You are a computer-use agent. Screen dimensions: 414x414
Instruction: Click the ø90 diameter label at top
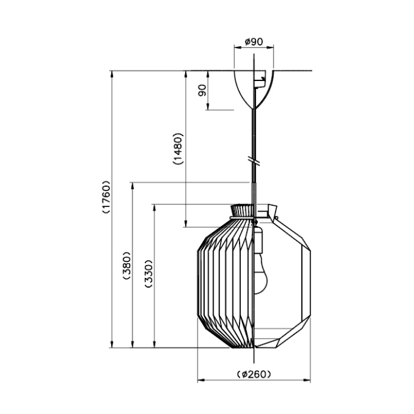(x=254, y=42)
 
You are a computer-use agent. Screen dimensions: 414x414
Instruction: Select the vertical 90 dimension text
(x=202, y=90)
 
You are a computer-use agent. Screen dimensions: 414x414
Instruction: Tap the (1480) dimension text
(x=178, y=148)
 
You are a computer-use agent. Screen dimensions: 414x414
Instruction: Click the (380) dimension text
(x=127, y=265)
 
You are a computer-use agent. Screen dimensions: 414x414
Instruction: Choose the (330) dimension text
(x=148, y=273)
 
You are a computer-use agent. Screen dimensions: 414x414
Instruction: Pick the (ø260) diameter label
(x=254, y=374)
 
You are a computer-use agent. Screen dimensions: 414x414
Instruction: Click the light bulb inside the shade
(x=260, y=274)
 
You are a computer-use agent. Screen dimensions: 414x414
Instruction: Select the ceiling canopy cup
(x=254, y=90)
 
